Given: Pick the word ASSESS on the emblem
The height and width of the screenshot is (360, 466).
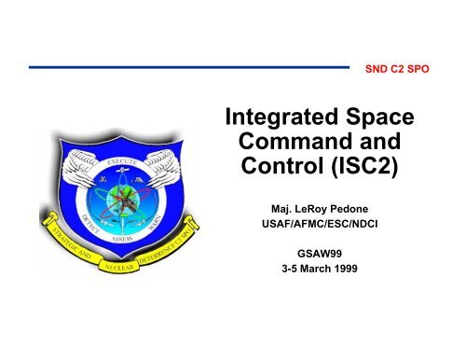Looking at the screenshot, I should (119, 239).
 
